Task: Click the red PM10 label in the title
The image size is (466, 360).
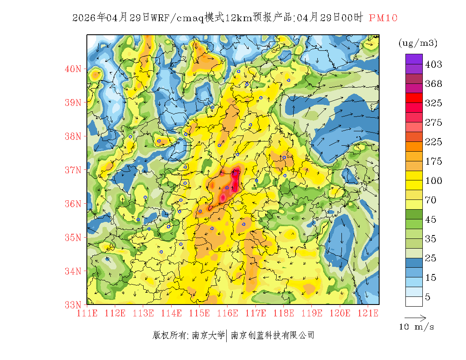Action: click(x=383, y=18)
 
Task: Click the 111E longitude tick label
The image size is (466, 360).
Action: click(x=87, y=313)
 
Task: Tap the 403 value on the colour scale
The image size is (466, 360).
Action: click(x=433, y=64)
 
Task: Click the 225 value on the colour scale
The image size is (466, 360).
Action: click(x=433, y=142)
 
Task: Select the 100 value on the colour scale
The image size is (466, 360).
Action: click(x=433, y=181)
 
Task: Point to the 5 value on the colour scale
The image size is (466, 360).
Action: click(x=428, y=297)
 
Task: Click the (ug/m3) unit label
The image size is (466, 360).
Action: click(x=418, y=43)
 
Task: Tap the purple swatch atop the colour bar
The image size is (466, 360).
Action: click(x=414, y=59)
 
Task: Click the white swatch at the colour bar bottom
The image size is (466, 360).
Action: click(x=414, y=301)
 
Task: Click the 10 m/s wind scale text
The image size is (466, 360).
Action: click(x=416, y=327)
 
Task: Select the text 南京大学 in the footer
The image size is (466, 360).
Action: click(x=208, y=335)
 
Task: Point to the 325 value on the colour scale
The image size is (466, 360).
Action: click(x=433, y=103)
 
